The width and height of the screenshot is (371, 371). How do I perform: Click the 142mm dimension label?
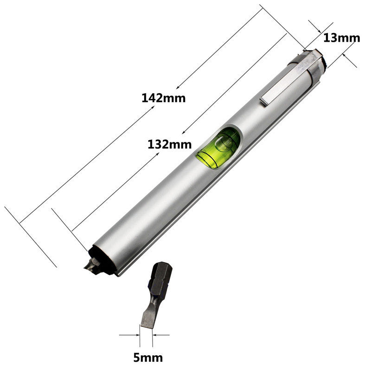[163, 98]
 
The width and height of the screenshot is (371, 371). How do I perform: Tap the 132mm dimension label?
[169, 144]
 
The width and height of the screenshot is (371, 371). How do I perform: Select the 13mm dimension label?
[341, 38]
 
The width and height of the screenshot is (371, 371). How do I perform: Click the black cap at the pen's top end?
[324, 60]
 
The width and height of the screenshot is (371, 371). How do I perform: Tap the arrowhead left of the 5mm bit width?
[137, 334]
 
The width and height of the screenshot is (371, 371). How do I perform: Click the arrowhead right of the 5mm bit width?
[155, 334]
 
